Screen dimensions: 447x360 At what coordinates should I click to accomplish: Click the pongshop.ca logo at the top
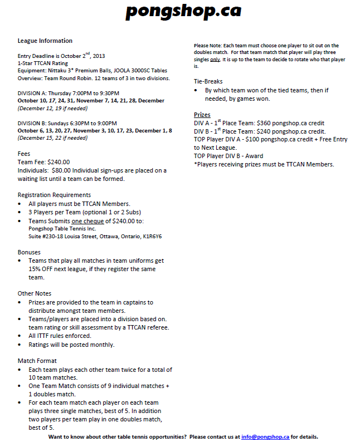click(x=183, y=11)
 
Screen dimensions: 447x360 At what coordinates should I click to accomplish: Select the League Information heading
click(x=45, y=41)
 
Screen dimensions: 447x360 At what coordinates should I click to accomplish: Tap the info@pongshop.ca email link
click(x=265, y=437)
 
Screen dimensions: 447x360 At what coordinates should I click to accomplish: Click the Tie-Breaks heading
click(x=208, y=81)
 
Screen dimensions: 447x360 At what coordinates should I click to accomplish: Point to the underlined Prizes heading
click(x=202, y=115)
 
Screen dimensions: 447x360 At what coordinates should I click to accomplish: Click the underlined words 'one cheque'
click(x=88, y=220)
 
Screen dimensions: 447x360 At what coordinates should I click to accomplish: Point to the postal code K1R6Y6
click(x=151, y=236)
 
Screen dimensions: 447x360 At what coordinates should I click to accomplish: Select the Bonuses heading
click(x=29, y=252)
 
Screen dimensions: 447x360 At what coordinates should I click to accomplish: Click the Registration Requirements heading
click(x=54, y=195)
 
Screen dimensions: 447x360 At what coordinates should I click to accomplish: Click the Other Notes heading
click(x=35, y=293)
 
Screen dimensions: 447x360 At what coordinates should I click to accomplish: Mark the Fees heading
click(x=24, y=154)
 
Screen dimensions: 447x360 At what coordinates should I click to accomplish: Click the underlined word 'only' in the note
click(x=215, y=59)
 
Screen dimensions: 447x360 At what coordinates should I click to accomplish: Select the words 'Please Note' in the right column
click(x=206, y=46)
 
